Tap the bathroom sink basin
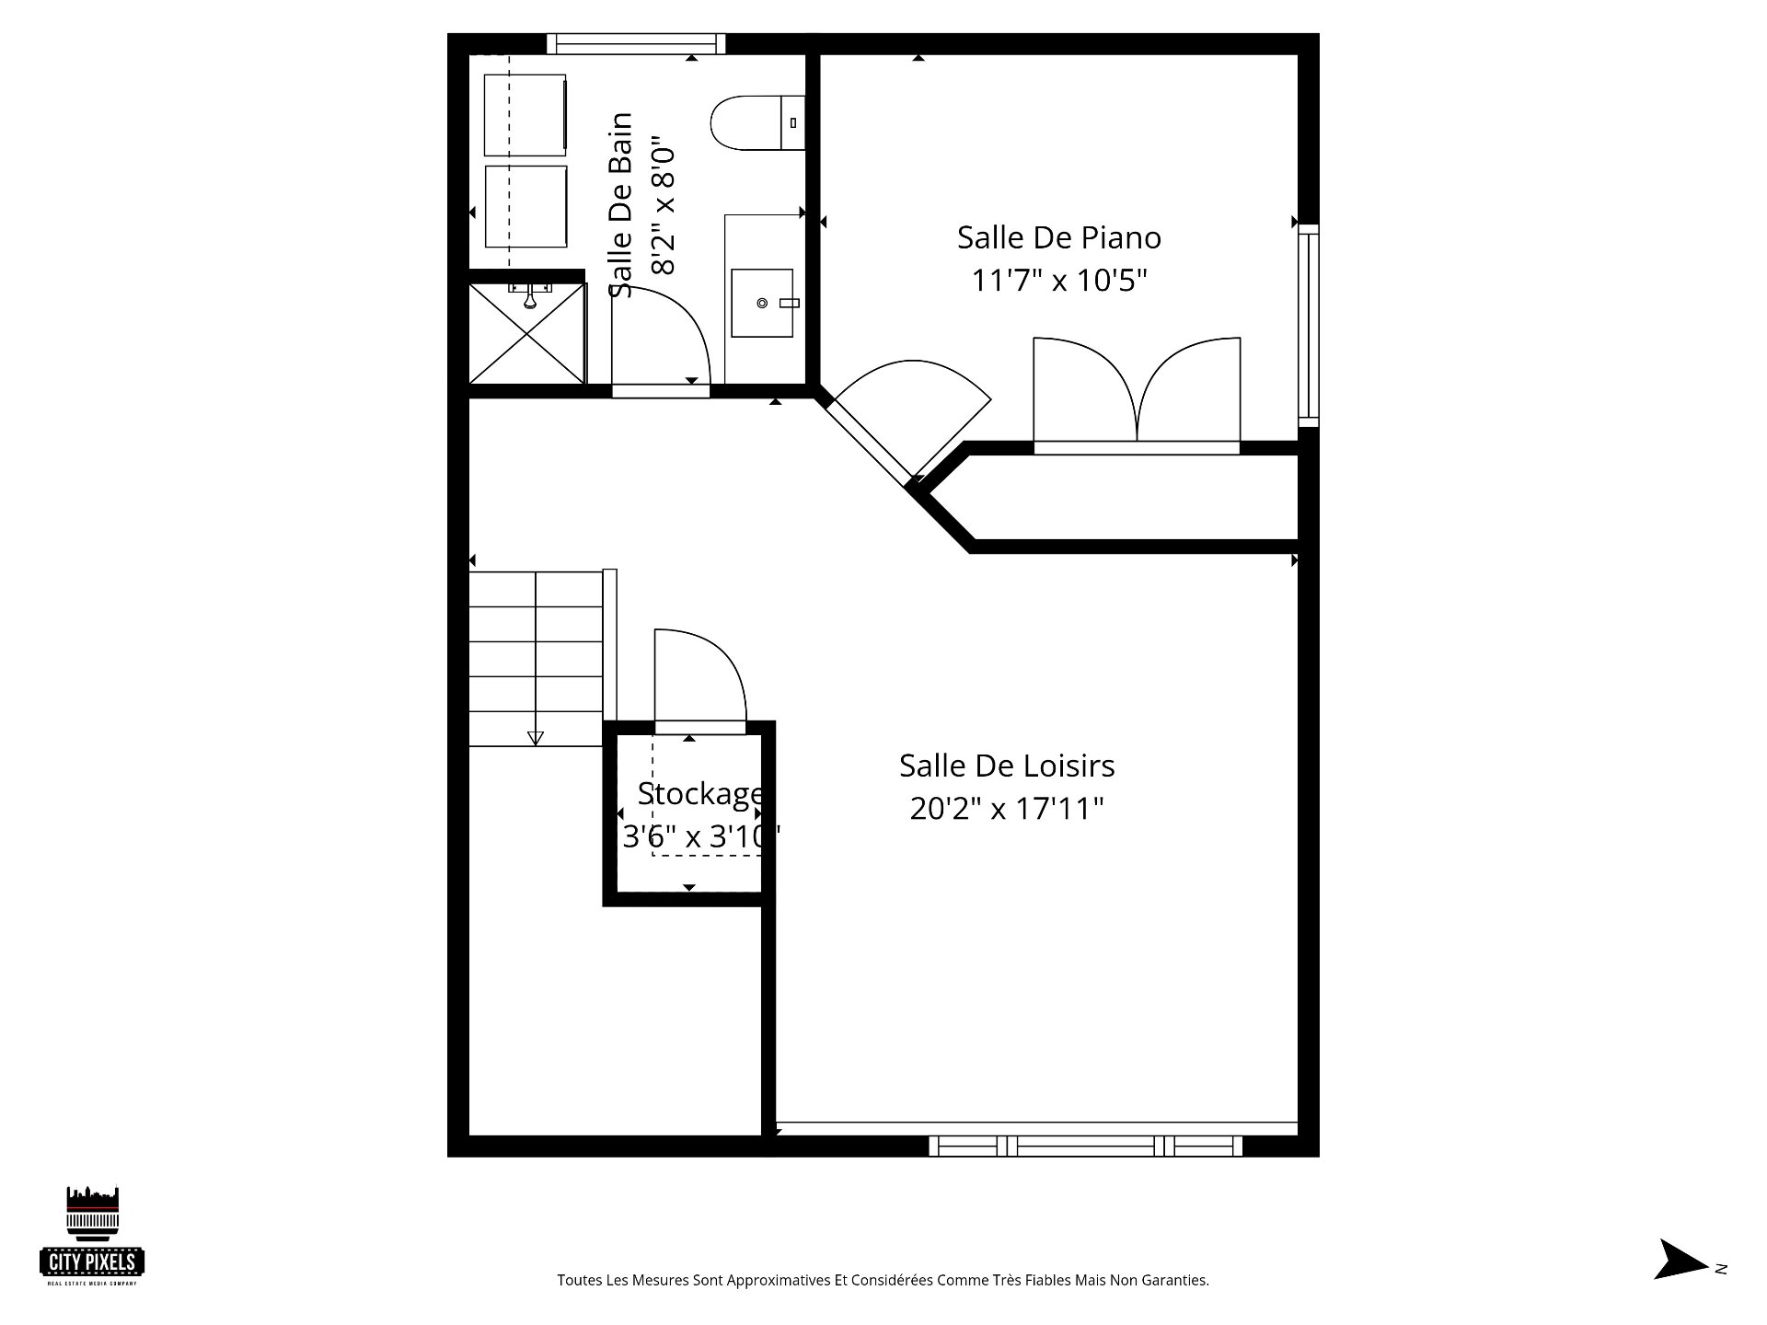point(762,303)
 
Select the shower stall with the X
point(527,333)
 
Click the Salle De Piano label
point(1059,237)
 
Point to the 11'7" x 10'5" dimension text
point(1059,280)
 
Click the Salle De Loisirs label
point(1007,766)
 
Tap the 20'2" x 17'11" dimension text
point(1007,808)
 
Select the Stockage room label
point(700,793)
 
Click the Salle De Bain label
point(622,205)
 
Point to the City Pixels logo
point(93,1235)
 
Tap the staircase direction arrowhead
point(535,738)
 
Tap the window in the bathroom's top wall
point(636,43)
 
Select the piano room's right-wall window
point(1309,326)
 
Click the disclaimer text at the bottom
point(883,1280)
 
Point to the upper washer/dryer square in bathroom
point(525,115)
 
